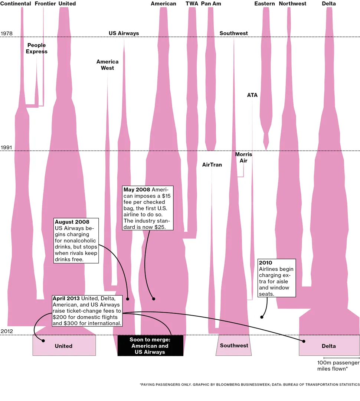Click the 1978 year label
tap(7, 33)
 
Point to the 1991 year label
tap(7, 147)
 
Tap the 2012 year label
tap(7, 331)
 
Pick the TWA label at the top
tap(192, 4)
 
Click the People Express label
tap(36, 48)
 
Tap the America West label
tap(107, 65)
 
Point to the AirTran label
tap(212, 164)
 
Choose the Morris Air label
tap(243, 157)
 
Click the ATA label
tap(252, 95)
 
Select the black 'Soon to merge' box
tap(150, 346)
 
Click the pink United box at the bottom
tap(64, 346)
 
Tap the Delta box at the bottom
tap(329, 346)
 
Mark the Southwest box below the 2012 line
tap(234, 345)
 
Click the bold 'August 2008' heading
tap(72, 222)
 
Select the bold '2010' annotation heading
tap(265, 263)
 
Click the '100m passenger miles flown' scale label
tap(333, 365)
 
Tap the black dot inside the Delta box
tap(304, 341)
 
